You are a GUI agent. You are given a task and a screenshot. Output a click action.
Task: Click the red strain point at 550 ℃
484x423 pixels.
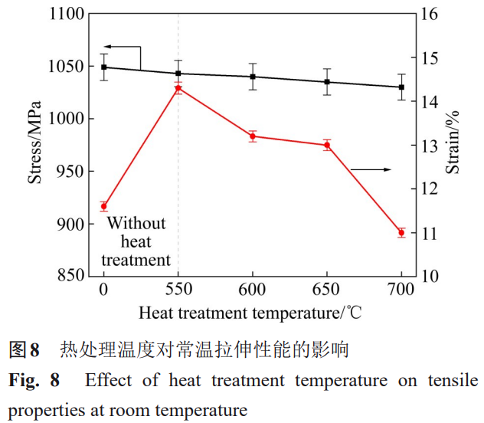178,88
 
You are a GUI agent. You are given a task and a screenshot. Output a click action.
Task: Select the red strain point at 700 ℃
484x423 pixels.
401,232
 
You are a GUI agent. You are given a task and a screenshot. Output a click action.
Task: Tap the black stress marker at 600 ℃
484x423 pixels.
253,77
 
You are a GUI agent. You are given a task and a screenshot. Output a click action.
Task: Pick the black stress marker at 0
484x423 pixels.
104,67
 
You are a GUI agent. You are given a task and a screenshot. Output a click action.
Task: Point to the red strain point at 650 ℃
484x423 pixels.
327,145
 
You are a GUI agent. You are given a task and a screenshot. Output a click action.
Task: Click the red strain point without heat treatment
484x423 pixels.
104,206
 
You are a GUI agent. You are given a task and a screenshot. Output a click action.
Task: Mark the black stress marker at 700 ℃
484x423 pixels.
401,87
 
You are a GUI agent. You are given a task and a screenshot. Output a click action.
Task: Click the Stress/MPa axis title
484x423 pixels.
35,143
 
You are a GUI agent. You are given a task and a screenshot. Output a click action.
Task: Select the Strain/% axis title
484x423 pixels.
453,143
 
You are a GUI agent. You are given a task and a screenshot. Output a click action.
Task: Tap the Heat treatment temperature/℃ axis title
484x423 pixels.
250,313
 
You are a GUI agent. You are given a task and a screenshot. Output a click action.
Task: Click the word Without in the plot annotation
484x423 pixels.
136,224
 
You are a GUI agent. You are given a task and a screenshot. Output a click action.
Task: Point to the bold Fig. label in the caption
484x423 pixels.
27,381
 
